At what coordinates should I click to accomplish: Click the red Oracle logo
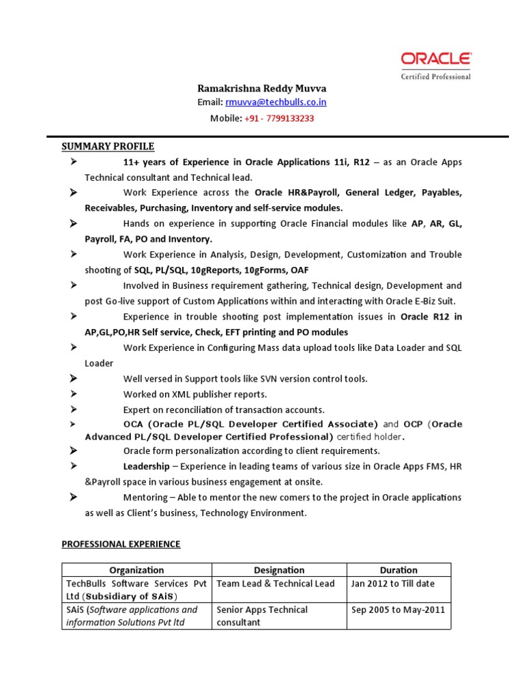435,60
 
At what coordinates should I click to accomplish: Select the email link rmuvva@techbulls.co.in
280,102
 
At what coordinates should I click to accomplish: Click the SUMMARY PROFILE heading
108,146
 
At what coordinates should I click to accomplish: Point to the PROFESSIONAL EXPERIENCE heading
121,544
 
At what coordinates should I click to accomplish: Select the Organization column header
136,570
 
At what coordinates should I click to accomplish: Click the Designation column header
279,570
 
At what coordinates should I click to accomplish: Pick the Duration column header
398,570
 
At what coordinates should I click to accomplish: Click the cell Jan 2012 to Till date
392,584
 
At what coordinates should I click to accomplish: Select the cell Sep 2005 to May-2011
398,610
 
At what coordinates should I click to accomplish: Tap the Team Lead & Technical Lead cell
276,584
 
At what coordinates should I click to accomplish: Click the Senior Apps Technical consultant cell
262,616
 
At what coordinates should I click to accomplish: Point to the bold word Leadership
146,466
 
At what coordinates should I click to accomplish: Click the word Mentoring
146,498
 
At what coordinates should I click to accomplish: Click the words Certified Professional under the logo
435,76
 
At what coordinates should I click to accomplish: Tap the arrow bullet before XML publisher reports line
73,394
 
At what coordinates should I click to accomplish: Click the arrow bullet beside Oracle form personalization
73,451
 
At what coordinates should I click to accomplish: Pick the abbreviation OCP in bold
413,424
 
